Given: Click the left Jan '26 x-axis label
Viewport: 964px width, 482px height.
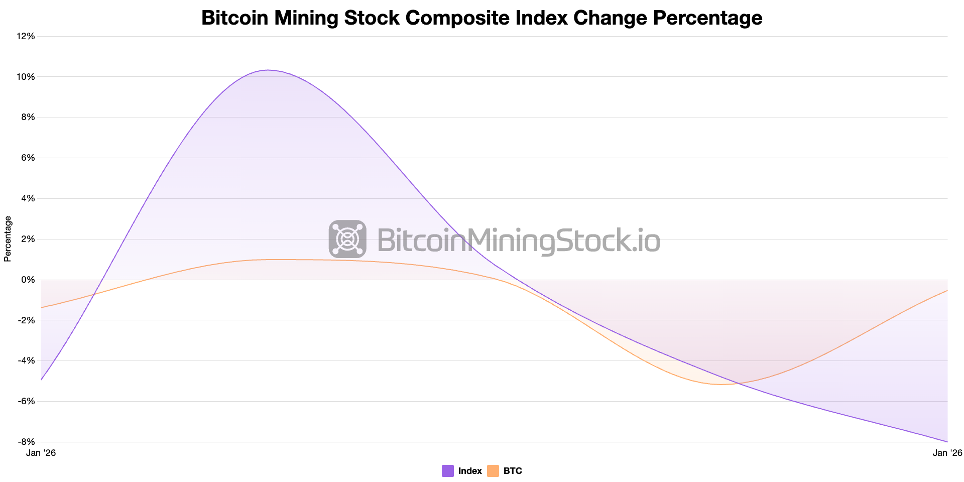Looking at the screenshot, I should click(x=41, y=453).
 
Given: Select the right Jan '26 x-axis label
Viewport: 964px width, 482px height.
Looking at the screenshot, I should click(x=947, y=453).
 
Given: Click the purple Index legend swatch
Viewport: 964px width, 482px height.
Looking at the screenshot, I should click(x=447, y=471).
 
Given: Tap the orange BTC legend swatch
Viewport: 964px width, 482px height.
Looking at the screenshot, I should click(x=493, y=471).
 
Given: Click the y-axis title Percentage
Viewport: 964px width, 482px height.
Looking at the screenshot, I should click(x=8, y=239).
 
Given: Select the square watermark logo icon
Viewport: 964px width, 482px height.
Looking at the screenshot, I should click(x=347, y=239).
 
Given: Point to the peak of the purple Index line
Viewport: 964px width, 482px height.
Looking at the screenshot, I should click(x=268, y=70).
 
